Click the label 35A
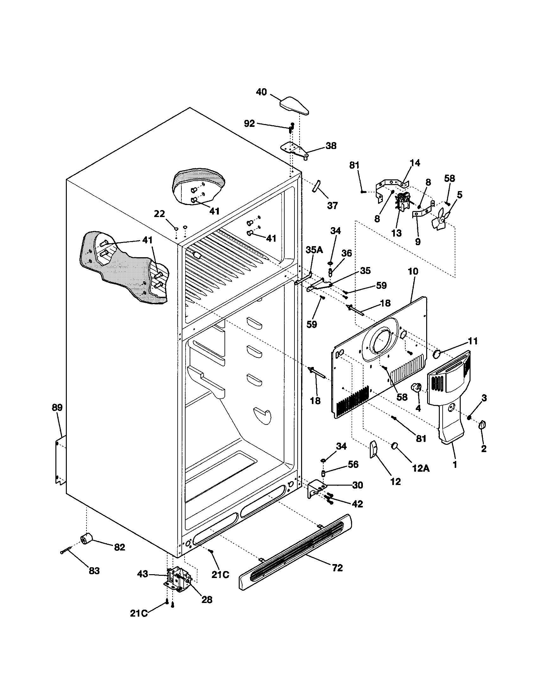tap(315, 250)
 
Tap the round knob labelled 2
tap(482, 425)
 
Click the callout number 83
tap(94, 571)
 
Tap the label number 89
tap(57, 407)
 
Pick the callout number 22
tap(160, 214)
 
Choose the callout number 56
tap(353, 464)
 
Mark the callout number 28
tap(207, 600)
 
